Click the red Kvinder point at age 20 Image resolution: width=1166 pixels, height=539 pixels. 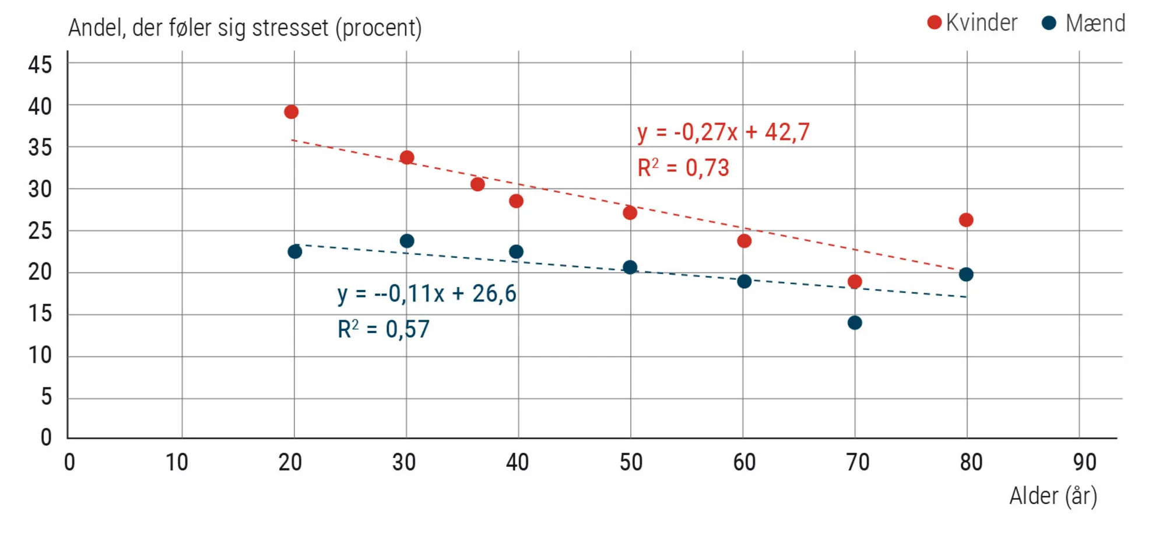(291, 111)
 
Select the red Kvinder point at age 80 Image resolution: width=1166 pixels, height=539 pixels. (966, 220)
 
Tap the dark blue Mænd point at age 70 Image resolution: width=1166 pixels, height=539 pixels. (855, 323)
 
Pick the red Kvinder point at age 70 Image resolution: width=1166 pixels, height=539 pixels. (855, 282)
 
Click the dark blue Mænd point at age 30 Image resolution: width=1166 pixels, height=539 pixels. (407, 241)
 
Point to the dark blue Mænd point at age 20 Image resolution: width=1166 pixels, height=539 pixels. (295, 251)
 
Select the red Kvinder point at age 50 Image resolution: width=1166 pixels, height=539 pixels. (630, 212)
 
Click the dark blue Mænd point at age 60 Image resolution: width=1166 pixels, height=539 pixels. (744, 281)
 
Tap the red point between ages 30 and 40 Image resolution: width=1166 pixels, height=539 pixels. (477, 184)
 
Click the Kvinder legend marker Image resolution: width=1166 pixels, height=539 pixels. (935, 23)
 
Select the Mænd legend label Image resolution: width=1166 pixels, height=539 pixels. (1095, 23)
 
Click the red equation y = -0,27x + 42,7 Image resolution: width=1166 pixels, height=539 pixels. (723, 132)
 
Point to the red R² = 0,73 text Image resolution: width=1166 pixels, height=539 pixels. (683, 168)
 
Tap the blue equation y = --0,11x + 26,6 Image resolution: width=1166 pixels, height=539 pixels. (427, 293)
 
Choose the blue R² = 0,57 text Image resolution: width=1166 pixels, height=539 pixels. (383, 330)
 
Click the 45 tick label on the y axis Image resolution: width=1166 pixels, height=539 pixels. (40, 64)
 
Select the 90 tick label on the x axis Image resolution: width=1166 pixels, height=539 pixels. (1084, 462)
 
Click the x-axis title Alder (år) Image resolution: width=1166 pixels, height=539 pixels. (1053, 496)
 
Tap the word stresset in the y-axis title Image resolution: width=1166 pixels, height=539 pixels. (290, 27)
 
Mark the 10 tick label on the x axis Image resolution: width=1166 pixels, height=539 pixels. (177, 462)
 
